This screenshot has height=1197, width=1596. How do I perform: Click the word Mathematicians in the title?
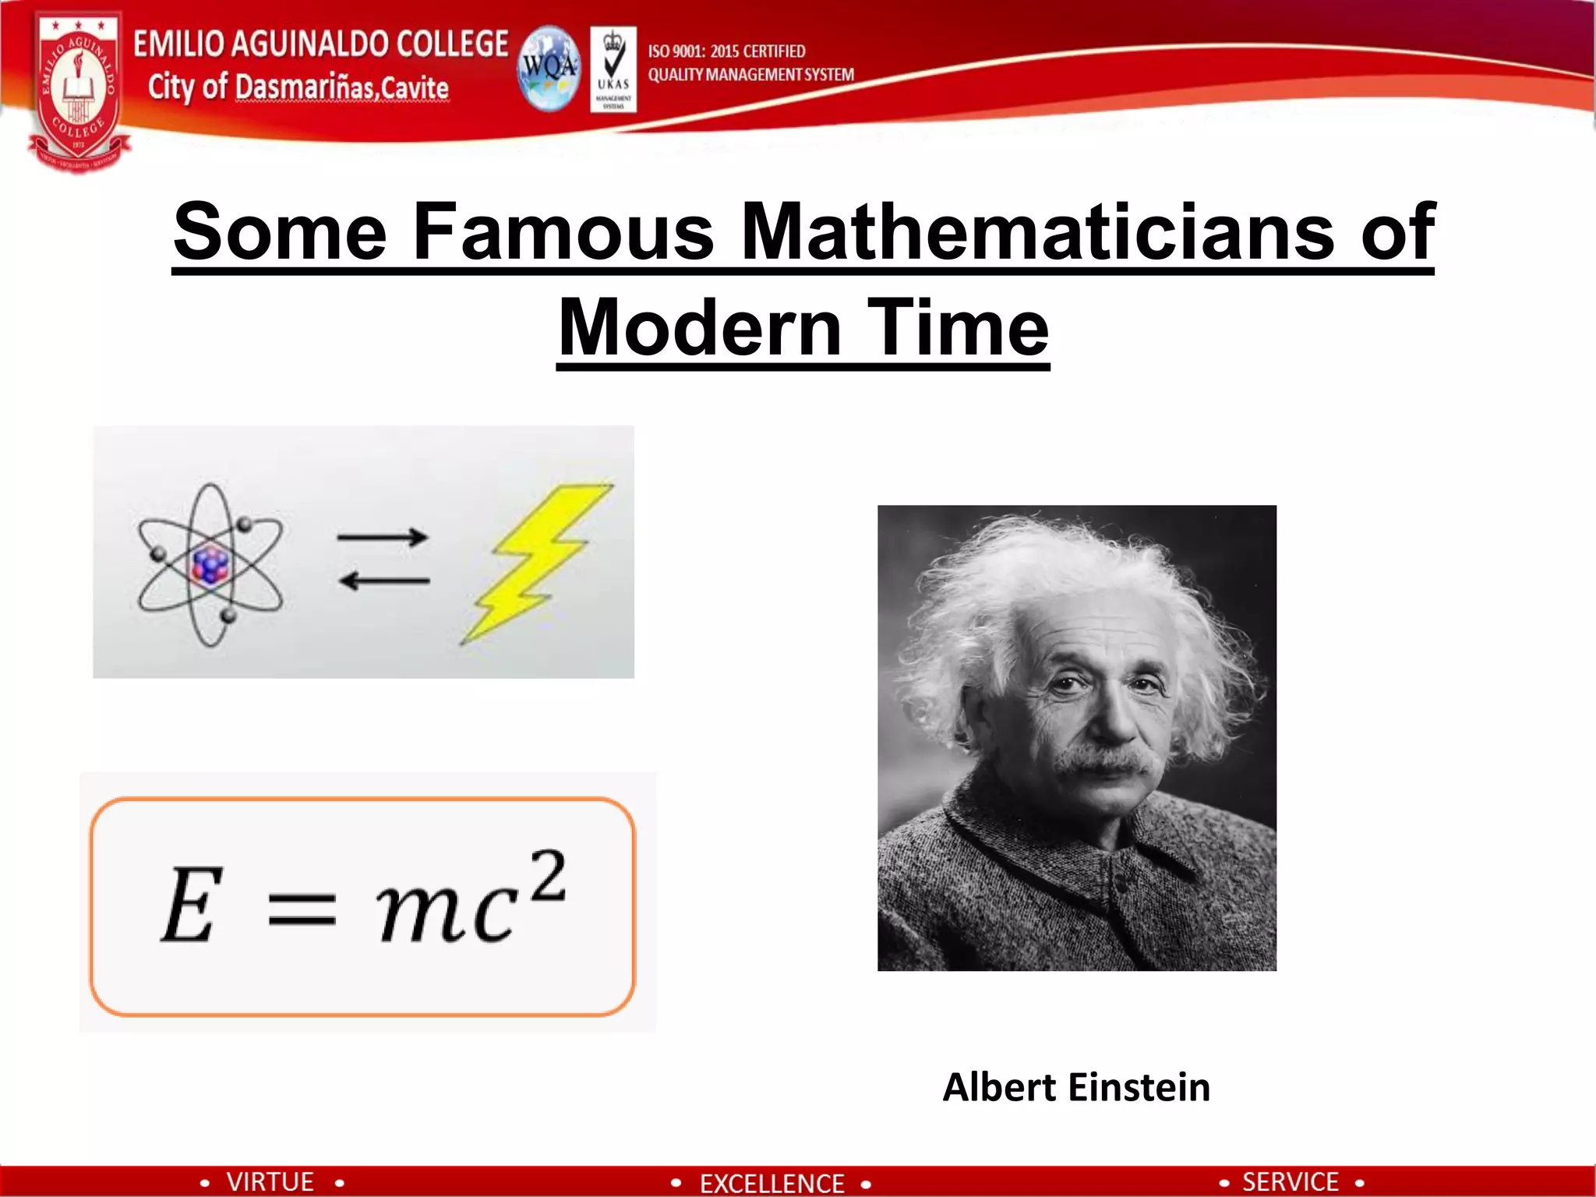[x=1037, y=231]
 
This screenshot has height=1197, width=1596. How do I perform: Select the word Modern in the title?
[x=700, y=328]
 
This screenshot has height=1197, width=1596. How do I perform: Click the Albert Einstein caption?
[x=1076, y=1087]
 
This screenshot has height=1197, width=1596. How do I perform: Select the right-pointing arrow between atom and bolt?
[x=382, y=537]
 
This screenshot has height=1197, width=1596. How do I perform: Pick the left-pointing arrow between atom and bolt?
[x=383, y=581]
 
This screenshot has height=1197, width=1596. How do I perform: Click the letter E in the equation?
[x=190, y=905]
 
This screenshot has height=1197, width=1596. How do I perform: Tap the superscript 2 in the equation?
[x=549, y=876]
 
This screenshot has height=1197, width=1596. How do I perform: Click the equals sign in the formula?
[x=302, y=909]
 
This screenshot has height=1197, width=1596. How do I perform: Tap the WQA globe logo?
[x=549, y=69]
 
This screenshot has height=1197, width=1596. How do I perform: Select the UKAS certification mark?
[x=613, y=69]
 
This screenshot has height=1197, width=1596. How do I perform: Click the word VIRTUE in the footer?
[x=270, y=1181]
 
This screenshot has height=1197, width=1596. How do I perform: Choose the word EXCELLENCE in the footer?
[x=772, y=1183]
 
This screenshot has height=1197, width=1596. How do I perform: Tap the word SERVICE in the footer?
[x=1290, y=1181]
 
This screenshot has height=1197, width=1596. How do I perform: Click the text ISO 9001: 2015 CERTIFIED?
[x=726, y=51]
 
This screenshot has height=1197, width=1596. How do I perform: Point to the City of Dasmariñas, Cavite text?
[x=298, y=87]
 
